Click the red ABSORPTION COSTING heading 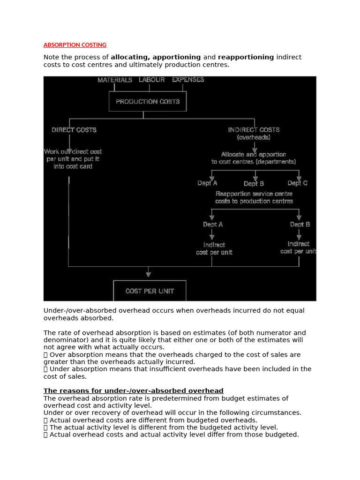click(x=75, y=45)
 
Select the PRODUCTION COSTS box click(x=148, y=101)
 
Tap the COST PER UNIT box click(x=150, y=291)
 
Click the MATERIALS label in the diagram click(x=115, y=80)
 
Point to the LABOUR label click(x=151, y=80)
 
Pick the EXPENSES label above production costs click(x=188, y=80)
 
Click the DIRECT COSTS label click(x=74, y=130)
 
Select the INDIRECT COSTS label click(x=254, y=130)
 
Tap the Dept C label click(x=298, y=183)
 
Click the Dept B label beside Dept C click(x=254, y=184)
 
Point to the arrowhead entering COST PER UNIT click(x=149, y=274)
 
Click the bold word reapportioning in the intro click(x=246, y=57)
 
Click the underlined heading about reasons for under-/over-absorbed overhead click(x=134, y=391)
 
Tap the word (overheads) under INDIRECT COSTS click(x=254, y=137)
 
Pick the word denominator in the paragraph click(x=65, y=340)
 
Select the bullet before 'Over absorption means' click(x=45, y=355)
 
